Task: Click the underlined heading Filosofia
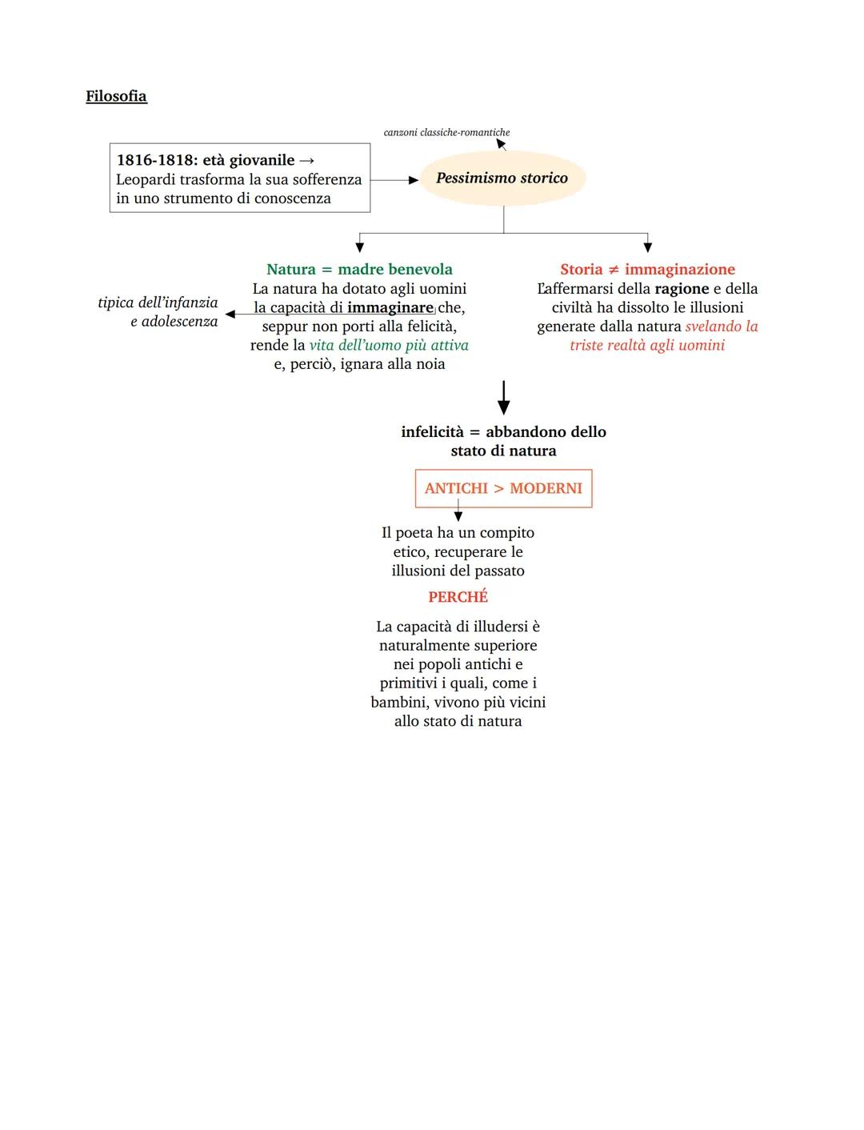point(116,96)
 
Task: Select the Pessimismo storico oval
point(502,178)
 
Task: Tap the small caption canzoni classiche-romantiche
point(446,132)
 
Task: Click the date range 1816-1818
point(154,160)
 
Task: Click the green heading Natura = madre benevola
point(359,270)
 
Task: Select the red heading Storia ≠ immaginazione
point(647,270)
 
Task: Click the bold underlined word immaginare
point(390,307)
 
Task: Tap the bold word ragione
point(682,289)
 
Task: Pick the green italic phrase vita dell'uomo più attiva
point(389,345)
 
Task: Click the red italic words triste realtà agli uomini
point(647,345)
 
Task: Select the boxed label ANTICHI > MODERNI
point(503,488)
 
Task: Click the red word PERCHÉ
point(458,597)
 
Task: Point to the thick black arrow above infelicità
point(503,397)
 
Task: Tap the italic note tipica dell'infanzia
point(158,303)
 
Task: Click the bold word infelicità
point(432,432)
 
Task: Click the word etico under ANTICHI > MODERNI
point(411,552)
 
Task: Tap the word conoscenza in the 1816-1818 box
point(292,198)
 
